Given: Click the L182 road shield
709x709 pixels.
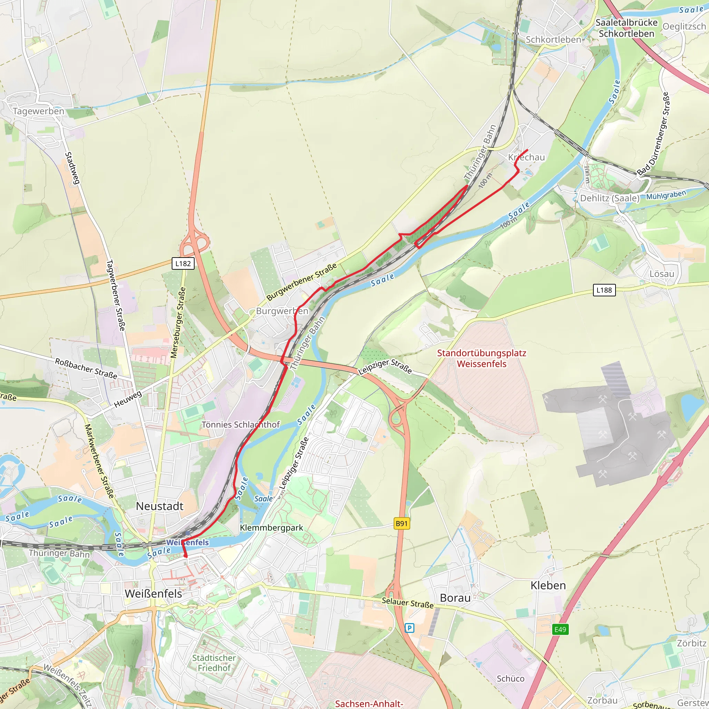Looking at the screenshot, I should pos(183,263).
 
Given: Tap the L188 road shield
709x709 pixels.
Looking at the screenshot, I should pos(604,290).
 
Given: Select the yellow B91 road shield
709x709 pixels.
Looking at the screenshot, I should pos(402,524).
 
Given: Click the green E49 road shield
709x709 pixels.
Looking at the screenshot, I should pos(560,630).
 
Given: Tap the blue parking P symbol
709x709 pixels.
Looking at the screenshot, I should pos(410,628).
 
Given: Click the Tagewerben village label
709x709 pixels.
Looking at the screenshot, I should pos(38,111).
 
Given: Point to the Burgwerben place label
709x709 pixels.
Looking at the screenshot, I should pos(282,311).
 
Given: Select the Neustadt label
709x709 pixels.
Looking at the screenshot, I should pos(160,506).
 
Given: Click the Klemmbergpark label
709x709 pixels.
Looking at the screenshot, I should pos(271,528).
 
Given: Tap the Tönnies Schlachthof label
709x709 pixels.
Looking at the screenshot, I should pos(240,424).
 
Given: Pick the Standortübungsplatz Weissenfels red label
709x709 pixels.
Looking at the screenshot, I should pos(482,359).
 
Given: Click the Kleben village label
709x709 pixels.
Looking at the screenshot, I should pos(548,585).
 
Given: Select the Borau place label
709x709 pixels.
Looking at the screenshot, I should pos(455,598).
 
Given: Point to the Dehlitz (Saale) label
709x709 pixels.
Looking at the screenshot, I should pos(610,198).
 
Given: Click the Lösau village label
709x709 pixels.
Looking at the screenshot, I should pos(662,274).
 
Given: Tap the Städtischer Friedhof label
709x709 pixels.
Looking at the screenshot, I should pos(214,663).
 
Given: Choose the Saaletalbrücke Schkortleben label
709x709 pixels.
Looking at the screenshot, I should pos(626,28).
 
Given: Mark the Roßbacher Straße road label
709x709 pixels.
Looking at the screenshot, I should pos(86,368).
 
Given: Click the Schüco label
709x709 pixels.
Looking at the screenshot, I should pos(511,679).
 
